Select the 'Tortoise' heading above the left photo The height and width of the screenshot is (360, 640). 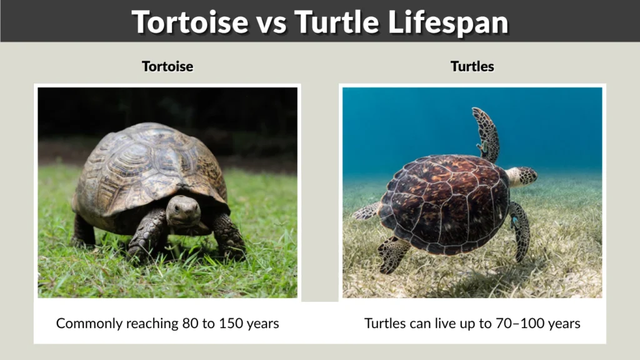point(167,66)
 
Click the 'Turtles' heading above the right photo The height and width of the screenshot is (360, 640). point(472,66)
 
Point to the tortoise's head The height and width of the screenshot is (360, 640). point(183,211)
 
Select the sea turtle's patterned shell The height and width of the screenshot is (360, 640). point(444,203)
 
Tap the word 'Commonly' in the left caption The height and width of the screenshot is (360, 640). point(84,324)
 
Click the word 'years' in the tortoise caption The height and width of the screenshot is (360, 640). point(263,324)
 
